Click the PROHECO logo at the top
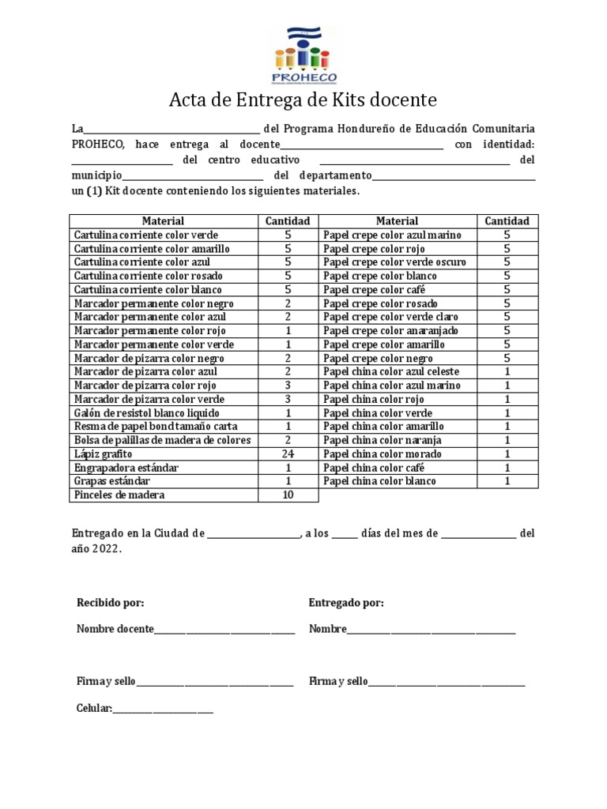tap(303, 55)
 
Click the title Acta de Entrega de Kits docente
tap(303, 100)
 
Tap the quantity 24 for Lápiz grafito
tap(288, 454)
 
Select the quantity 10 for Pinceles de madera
tap(288, 495)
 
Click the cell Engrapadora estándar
tap(126, 468)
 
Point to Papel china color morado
tap(383, 454)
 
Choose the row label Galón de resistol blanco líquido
tap(147, 413)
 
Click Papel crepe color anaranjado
tap(390, 331)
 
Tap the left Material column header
tap(163, 221)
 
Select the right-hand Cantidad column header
tap(507, 221)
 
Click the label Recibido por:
tap(110, 604)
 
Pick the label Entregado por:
tap(346, 604)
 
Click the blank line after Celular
tap(163, 710)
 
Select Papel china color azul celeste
tap(391, 372)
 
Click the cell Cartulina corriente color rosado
tap(148, 277)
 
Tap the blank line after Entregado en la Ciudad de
tap(252, 535)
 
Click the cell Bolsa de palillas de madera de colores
tap(162, 440)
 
